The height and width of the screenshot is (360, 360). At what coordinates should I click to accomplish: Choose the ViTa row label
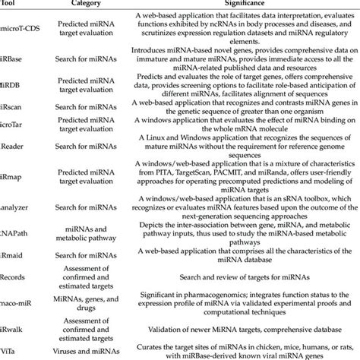[11, 348]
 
